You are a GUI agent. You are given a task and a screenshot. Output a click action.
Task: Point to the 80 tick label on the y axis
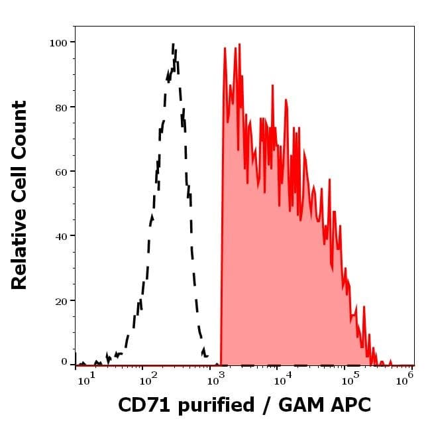[60, 107]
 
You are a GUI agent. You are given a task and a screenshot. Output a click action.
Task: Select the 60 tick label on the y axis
[60, 172]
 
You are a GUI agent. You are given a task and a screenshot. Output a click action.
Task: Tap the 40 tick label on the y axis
[60, 236]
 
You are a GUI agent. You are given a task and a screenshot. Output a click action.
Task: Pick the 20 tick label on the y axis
[60, 301]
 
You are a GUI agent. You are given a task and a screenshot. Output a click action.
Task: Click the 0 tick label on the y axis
[64, 362]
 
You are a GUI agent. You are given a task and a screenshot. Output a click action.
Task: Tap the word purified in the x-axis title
[212, 405]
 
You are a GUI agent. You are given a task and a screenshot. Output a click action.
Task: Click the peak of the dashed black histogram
[173, 45]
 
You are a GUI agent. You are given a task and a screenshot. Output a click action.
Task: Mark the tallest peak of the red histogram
[225, 48]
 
